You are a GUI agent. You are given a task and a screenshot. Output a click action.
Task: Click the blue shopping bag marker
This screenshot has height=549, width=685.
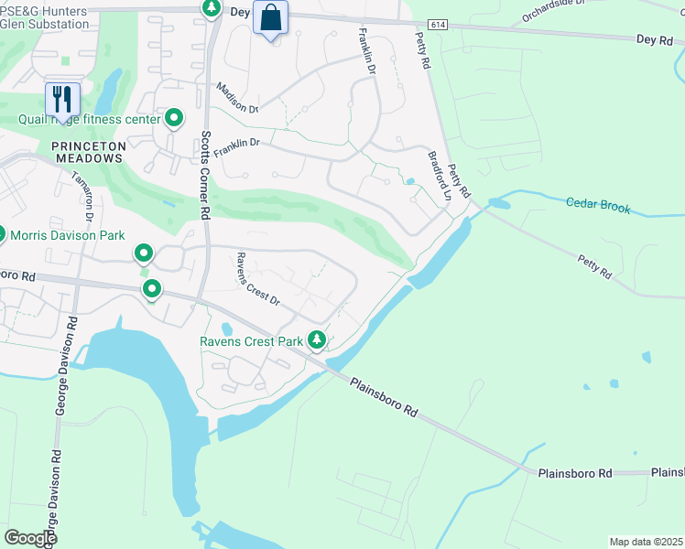[x=270, y=17]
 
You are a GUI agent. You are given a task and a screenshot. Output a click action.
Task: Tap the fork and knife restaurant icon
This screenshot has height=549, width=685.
[x=62, y=98]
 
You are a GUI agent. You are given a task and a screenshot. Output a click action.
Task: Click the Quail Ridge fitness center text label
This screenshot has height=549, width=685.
[x=90, y=119]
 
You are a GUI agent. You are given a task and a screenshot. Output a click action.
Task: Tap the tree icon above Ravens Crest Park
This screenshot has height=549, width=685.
[x=317, y=340]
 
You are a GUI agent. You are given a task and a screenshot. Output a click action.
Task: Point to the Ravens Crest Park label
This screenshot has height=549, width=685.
[x=251, y=342]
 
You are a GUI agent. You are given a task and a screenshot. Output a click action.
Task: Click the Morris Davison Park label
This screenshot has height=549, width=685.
[x=67, y=235]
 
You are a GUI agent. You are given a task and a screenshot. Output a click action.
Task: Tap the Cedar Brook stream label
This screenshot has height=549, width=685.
[x=598, y=207]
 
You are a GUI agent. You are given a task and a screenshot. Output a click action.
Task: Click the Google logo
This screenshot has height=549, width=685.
[x=29, y=537]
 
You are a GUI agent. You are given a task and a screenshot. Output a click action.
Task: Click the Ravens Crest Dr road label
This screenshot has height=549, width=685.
[x=257, y=278]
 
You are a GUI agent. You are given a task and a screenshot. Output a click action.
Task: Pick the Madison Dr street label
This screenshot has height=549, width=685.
[x=237, y=98]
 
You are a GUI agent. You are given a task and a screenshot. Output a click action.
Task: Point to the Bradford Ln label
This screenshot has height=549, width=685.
[x=440, y=176]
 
